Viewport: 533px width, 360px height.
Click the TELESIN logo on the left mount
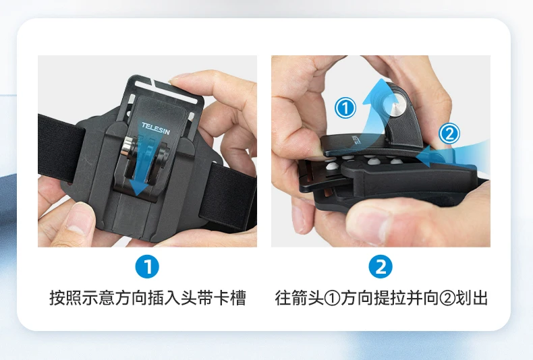tap(155, 128)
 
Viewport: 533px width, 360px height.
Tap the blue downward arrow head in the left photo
tap(139, 187)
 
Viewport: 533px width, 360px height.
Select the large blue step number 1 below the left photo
tap(147, 266)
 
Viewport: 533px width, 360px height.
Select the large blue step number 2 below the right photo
tap(381, 266)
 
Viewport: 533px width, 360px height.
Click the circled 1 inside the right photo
tap(345, 108)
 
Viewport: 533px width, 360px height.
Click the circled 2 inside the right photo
tap(449, 133)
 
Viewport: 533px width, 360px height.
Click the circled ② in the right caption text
tap(447, 298)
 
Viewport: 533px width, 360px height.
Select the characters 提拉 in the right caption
tap(389, 298)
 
